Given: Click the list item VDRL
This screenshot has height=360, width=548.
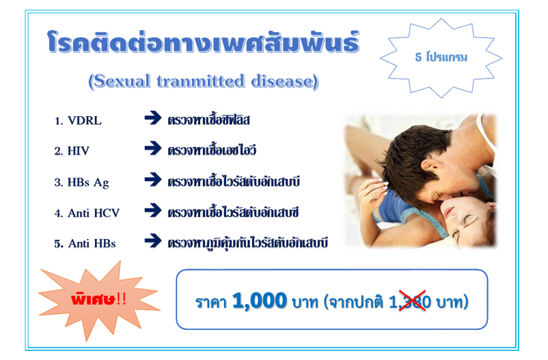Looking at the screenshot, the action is point(78,121).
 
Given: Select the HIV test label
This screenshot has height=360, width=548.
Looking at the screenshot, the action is point(72,151).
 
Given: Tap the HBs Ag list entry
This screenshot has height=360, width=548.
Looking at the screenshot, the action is point(81,182).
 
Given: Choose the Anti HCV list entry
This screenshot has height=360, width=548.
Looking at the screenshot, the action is point(87,213).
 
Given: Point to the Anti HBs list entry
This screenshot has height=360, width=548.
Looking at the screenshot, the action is point(85,243).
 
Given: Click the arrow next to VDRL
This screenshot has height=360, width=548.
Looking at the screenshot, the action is point(153,117).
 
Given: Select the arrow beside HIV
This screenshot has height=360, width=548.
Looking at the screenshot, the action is point(153,148).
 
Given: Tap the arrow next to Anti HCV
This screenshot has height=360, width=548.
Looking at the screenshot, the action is point(153,210).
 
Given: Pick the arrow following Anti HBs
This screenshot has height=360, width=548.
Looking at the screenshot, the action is point(153,240).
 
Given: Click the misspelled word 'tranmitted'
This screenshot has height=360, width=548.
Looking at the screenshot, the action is point(200,81).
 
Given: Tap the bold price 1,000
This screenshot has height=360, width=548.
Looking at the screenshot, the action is point(260,301).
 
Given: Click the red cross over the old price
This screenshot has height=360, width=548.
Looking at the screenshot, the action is point(413,301).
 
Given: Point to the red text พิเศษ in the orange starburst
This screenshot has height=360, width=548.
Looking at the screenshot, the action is point(93,299).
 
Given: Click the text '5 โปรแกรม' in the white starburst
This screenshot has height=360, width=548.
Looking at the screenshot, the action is point(441,57).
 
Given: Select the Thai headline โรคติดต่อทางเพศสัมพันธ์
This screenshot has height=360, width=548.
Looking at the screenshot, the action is point(204,42).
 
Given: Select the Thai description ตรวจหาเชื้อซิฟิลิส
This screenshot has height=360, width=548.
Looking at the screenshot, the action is point(208,120).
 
